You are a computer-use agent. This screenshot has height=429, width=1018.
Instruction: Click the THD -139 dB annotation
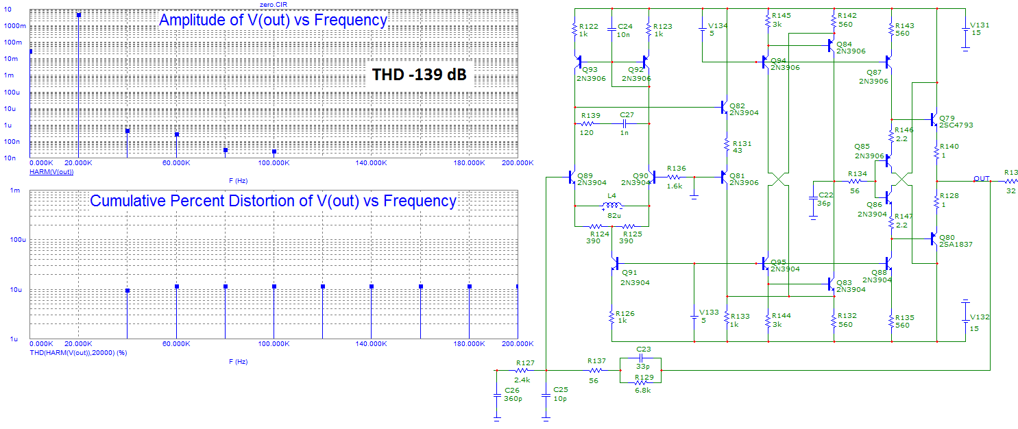pyautogui.click(x=420, y=75)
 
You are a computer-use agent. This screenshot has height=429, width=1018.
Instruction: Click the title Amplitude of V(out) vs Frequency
pyautogui.click(x=273, y=21)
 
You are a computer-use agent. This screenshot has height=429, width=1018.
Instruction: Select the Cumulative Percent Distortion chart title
pyautogui.click(x=273, y=201)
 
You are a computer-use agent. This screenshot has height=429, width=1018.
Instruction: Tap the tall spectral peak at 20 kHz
pyautogui.click(x=80, y=15)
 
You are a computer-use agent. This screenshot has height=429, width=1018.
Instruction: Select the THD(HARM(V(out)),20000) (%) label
pyautogui.click(x=79, y=352)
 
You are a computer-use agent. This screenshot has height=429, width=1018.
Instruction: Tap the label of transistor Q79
pyautogui.click(x=947, y=117)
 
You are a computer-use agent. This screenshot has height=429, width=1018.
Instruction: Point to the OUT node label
pyautogui.click(x=981, y=178)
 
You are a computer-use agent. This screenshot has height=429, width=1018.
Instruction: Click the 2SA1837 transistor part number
pyautogui.click(x=956, y=244)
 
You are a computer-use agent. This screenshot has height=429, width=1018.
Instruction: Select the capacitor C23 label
pyautogui.click(x=643, y=348)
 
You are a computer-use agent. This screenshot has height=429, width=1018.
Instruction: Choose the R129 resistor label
pyautogui.click(x=643, y=378)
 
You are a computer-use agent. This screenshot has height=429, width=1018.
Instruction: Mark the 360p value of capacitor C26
pyautogui.click(x=513, y=398)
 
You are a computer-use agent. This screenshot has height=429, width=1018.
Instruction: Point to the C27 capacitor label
pyautogui.click(x=627, y=115)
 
